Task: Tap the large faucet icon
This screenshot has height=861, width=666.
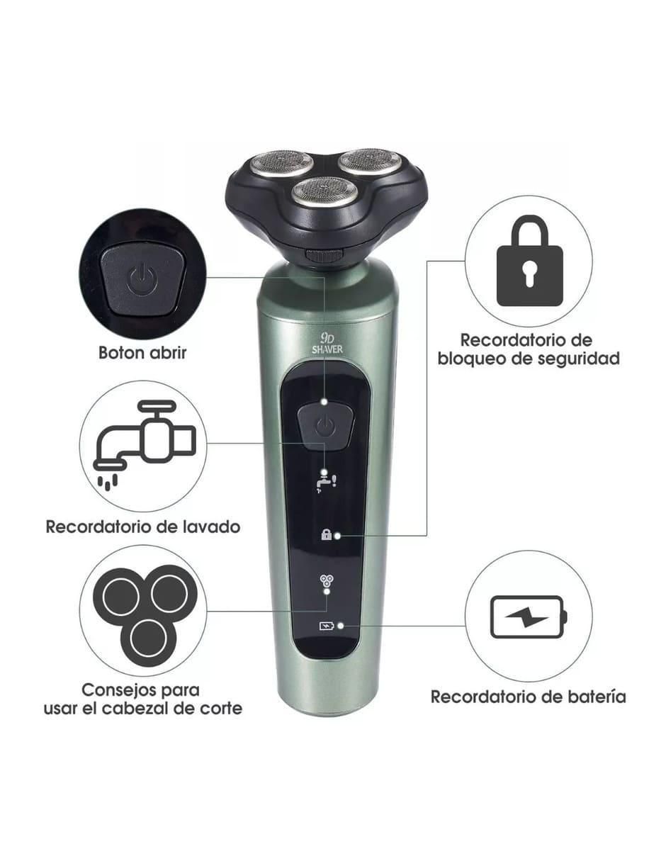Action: (145, 444)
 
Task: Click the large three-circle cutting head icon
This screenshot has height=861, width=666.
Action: (145, 611)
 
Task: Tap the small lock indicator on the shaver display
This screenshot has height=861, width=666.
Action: (326, 535)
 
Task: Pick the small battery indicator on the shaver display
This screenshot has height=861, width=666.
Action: (327, 626)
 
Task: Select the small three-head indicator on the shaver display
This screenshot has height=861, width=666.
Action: (325, 581)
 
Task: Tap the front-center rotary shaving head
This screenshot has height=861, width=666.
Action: (320, 191)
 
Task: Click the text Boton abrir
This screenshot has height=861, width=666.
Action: (142, 352)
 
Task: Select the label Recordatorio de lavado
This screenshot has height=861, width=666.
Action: (143, 527)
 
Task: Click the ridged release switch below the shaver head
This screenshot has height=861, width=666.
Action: (324, 255)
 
